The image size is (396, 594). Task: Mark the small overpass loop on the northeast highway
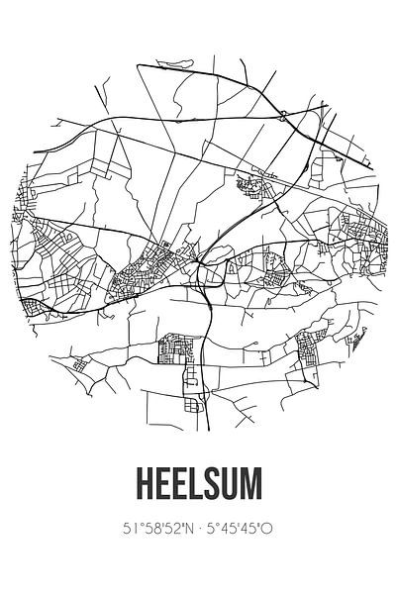coord(284,116)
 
